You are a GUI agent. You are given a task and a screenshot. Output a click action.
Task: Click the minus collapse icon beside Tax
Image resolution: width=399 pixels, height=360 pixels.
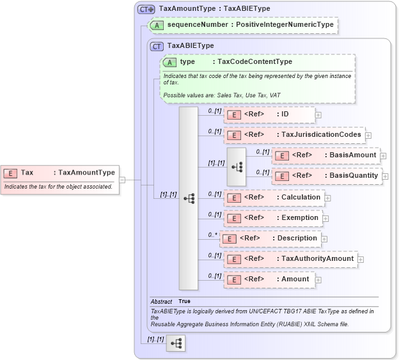122,180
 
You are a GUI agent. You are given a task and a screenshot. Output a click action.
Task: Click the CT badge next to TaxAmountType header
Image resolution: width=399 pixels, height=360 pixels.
146,9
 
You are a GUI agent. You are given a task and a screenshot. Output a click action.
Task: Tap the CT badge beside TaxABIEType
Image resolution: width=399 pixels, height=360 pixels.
157,46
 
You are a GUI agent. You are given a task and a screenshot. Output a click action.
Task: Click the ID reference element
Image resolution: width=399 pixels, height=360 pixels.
269,114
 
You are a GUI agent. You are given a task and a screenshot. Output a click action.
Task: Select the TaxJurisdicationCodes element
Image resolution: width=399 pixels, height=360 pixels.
293,135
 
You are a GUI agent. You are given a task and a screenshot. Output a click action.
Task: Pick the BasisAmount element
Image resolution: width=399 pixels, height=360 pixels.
325,155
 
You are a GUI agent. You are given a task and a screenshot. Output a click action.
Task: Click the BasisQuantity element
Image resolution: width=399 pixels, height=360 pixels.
327,176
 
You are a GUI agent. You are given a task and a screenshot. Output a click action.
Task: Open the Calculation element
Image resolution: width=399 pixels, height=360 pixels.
273,198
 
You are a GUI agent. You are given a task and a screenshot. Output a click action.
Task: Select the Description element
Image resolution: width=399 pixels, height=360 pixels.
270,239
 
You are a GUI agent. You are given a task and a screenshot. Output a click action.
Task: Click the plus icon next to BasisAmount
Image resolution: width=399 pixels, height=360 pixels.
383,155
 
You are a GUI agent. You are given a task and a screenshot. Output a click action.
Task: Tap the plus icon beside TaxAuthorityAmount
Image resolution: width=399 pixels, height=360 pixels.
361,260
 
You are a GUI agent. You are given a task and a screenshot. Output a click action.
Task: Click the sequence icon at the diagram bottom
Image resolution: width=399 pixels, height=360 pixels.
175,343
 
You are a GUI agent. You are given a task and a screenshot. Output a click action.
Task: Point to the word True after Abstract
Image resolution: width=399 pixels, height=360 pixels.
184,301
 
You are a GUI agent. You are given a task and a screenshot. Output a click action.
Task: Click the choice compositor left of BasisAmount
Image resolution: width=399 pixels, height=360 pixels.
237,166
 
